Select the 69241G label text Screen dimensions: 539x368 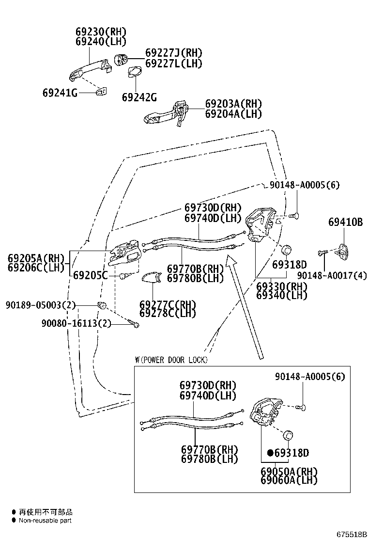[60, 93]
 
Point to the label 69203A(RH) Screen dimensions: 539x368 [233, 104]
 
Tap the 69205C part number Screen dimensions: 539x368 [91, 275]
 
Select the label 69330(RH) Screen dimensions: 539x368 [282, 286]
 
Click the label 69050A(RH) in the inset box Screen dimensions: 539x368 [289, 471]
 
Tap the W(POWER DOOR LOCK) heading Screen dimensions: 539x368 [171, 360]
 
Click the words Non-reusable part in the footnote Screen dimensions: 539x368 [45, 521]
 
